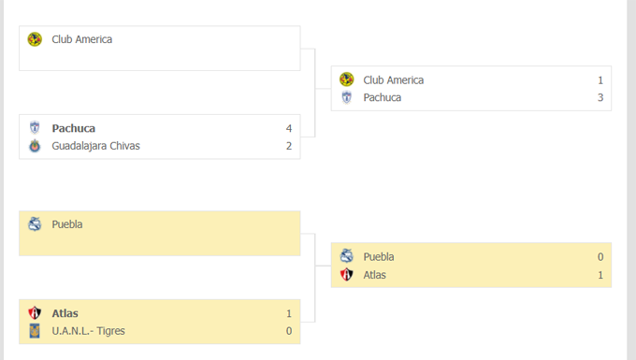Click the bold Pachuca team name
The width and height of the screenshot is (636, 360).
tap(73, 128)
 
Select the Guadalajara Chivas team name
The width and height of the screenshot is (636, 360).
tap(95, 146)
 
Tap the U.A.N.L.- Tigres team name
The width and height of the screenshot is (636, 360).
tap(88, 331)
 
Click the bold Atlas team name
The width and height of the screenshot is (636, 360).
tap(65, 313)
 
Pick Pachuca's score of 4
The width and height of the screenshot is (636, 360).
tap(289, 128)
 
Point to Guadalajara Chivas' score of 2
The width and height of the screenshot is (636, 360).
tap(289, 146)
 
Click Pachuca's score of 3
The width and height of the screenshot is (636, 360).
tap(600, 97)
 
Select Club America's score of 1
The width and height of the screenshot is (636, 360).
tap(600, 80)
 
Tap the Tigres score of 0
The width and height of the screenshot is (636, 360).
tap(289, 331)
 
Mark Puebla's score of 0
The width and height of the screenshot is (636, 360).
tap(600, 257)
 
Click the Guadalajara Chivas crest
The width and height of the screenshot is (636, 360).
tap(35, 146)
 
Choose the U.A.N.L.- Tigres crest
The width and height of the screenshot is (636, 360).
tap(35, 331)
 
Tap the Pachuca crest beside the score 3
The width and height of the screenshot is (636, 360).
tap(346, 97)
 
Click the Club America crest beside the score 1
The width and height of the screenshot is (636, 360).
tap(346, 80)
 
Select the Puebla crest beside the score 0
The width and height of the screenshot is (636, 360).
tap(346, 257)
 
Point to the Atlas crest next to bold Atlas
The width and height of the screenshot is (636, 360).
tap(35, 313)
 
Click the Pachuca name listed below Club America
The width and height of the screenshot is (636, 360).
tap(383, 97)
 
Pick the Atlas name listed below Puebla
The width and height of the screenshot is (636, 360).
tap(374, 275)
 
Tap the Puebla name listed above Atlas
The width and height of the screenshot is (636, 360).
tap(379, 257)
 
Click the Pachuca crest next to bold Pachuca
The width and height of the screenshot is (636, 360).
tap(35, 128)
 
